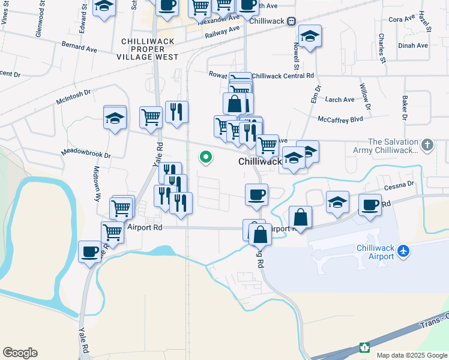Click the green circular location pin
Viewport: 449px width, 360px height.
(x=206, y=158)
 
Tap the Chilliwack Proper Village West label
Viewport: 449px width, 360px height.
(x=149, y=49)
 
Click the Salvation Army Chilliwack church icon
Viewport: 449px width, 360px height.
(x=427, y=145)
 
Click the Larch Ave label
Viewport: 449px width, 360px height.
(x=340, y=100)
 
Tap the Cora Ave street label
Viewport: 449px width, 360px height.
(x=402, y=19)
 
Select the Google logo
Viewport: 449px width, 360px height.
(x=20, y=353)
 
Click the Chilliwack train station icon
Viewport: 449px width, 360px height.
(x=291, y=21)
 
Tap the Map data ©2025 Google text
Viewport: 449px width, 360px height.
(x=411, y=355)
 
